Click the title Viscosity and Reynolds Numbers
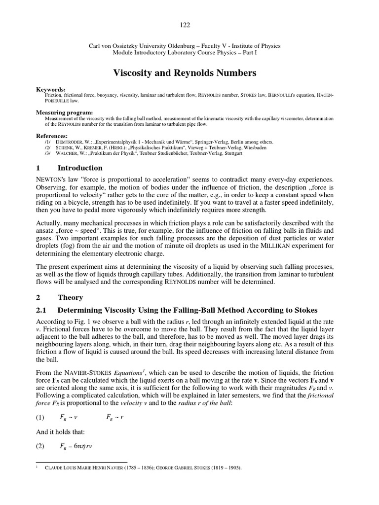point(185,73)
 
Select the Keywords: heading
point(51,89)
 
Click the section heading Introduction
point(80,168)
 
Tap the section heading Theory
point(70,297)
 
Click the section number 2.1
point(41,310)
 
